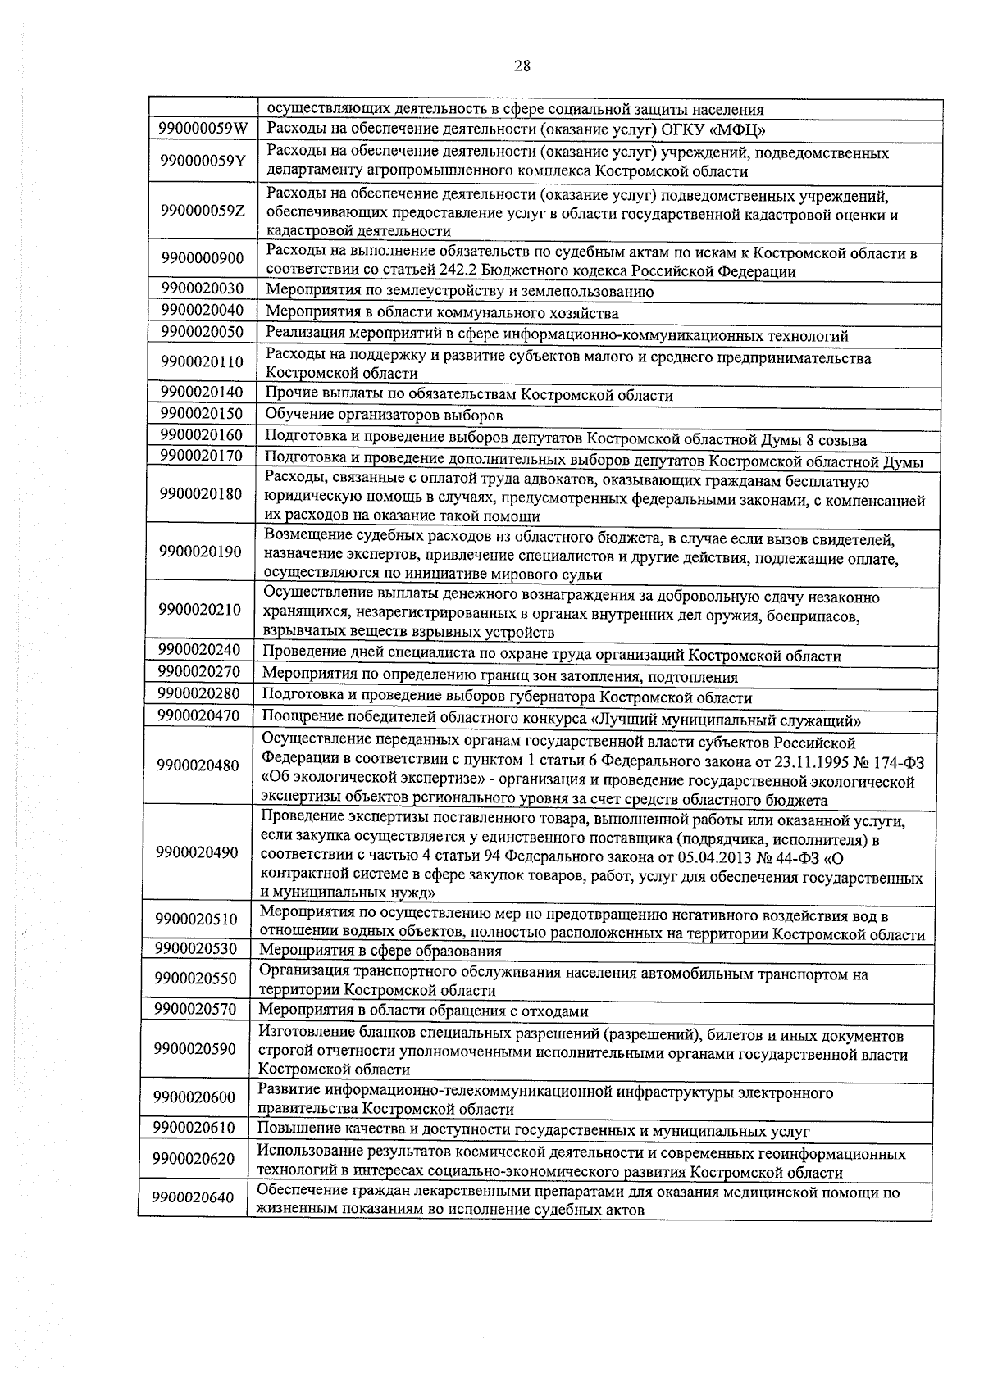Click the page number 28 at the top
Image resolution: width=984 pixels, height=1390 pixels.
522,67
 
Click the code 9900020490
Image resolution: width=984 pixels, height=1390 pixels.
198,853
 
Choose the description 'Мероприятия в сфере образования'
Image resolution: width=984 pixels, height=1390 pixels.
380,952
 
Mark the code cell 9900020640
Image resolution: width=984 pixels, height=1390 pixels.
194,1197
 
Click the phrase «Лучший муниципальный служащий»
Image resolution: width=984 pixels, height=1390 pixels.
726,720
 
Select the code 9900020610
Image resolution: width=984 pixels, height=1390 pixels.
194,1129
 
